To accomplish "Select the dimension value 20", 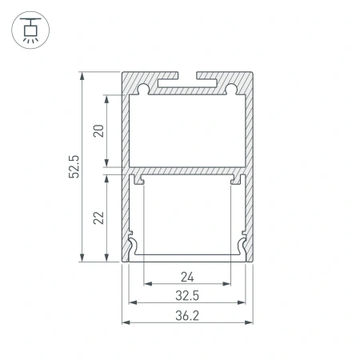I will click(98, 130).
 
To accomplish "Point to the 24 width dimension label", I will click(187, 278).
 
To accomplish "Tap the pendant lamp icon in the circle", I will click(29, 30).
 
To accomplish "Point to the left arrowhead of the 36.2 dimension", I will click(125, 323).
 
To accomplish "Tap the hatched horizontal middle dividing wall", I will click(187, 170).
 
